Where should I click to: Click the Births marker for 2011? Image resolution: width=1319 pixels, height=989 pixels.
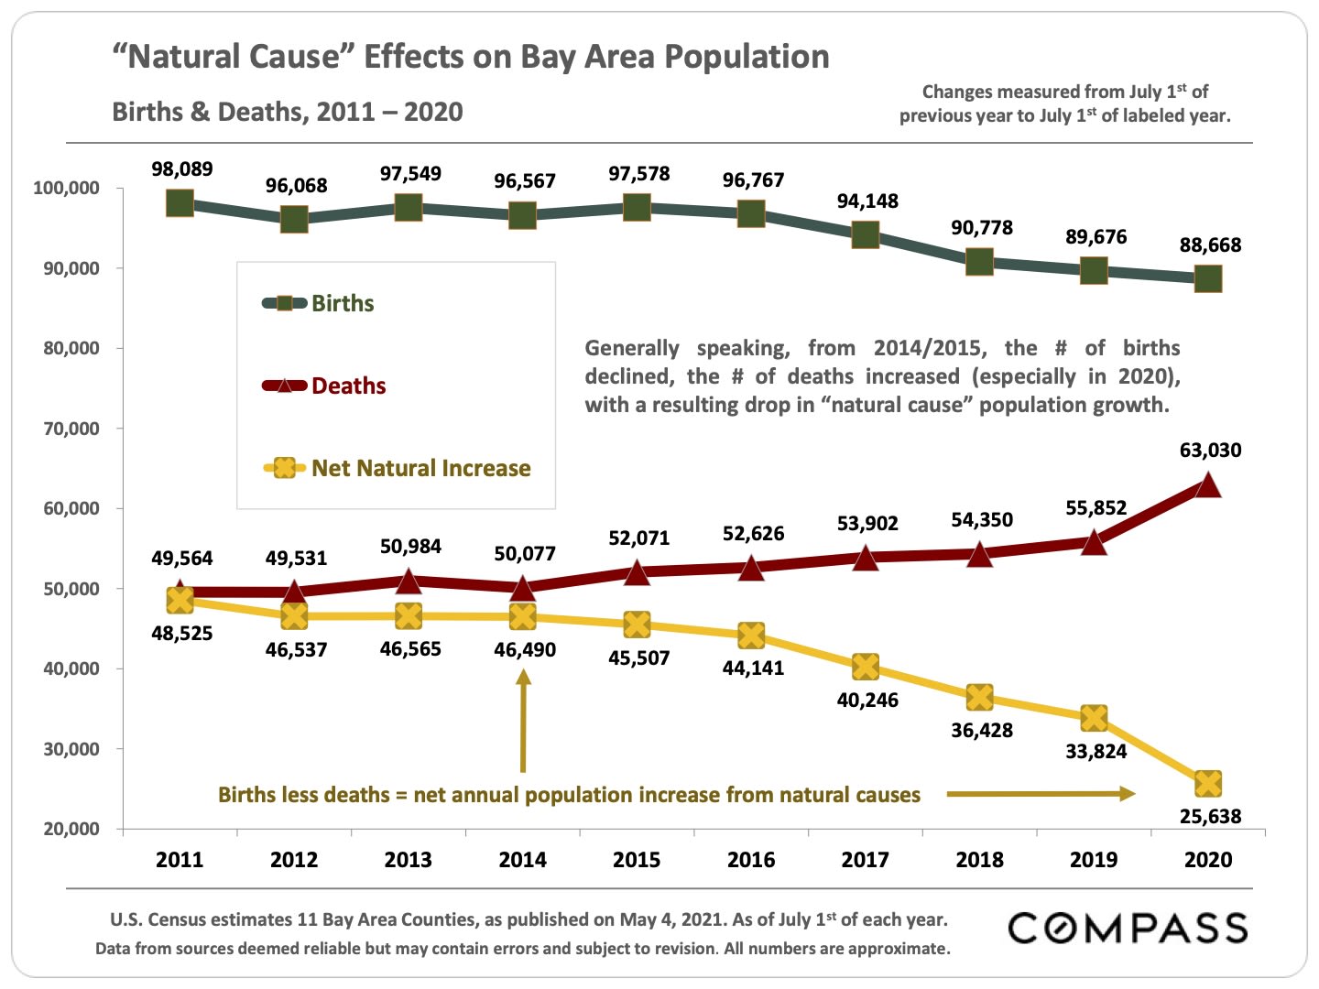[180, 202]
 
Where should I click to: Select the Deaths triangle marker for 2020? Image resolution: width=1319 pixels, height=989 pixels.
[1208, 484]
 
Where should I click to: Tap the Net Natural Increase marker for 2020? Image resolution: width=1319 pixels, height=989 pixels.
[1208, 784]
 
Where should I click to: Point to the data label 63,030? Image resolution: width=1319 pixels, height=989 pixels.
[1210, 451]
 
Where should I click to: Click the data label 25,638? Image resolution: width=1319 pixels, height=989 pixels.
[1210, 817]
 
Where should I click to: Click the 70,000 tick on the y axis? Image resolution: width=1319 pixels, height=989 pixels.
[71, 429]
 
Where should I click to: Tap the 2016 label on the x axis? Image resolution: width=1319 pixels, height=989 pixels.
[751, 860]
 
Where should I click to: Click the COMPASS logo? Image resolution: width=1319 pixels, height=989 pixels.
[1128, 929]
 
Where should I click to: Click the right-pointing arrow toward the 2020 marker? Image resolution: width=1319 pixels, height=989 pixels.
[1041, 794]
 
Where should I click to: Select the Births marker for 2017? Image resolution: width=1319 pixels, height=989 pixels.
[866, 235]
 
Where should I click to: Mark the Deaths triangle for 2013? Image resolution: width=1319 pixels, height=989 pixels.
[409, 581]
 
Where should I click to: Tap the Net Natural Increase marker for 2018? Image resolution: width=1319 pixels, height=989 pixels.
[979, 698]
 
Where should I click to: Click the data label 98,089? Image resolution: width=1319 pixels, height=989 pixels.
[182, 169]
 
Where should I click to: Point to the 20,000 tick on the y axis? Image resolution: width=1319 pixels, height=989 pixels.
[71, 829]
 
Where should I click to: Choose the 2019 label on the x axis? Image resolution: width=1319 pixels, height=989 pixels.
[1094, 860]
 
